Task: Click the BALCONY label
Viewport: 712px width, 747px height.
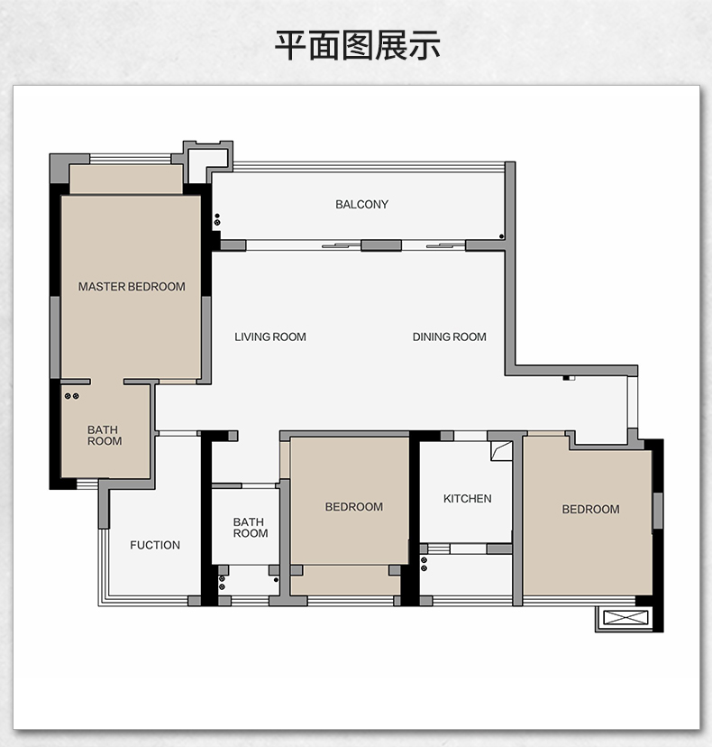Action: pos(361,205)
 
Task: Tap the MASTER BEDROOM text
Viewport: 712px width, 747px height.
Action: pos(132,287)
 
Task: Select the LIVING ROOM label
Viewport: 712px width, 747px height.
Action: pos(270,337)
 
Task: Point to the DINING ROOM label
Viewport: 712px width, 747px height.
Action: pos(449,337)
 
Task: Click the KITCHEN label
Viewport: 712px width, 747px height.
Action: pos(467,499)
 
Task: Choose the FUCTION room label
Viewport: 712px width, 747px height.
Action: pos(155,545)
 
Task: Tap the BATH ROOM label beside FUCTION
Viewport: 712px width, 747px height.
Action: pos(250,528)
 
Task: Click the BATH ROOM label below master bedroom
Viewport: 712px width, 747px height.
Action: pos(105,436)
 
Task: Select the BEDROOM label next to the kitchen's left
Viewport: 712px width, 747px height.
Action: pos(353,507)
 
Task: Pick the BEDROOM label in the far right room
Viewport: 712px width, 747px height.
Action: pos(590,510)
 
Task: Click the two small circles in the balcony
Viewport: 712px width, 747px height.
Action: pos(217,219)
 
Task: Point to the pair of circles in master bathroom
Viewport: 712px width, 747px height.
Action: pos(72,396)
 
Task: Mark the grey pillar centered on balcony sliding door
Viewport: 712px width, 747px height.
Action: pos(380,244)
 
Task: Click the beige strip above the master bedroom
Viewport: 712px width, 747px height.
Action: pos(126,180)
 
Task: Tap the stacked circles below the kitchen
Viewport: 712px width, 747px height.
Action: pos(424,564)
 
